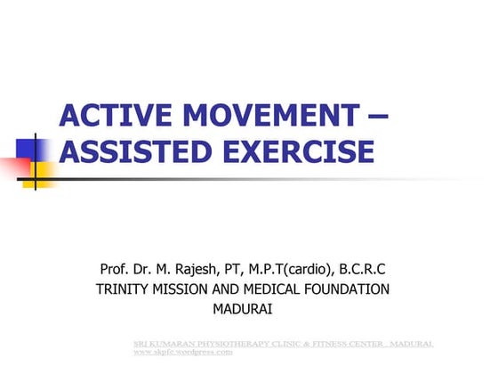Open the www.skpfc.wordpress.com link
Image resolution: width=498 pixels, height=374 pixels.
[x=182, y=352]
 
